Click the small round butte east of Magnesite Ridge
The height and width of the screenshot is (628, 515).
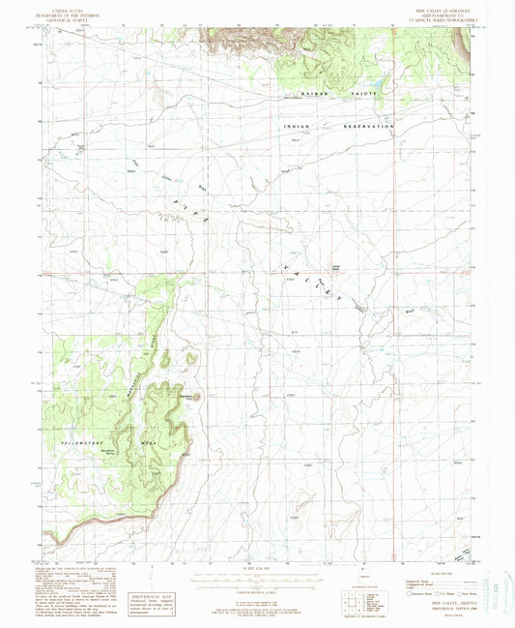point(197,395)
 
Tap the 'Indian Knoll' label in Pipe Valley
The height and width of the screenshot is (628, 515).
point(337,268)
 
